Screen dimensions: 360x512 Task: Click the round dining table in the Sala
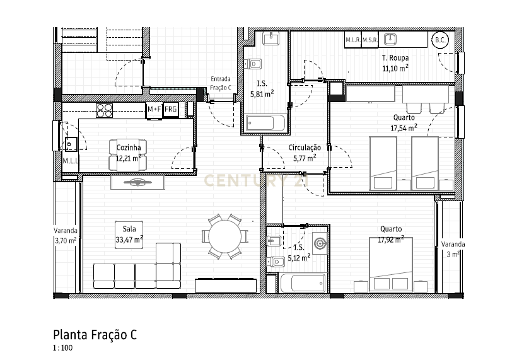pos(224,238)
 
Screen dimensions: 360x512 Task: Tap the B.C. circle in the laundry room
pos(439,40)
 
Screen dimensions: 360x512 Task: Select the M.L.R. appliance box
pos(352,40)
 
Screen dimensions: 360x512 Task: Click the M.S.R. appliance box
pos(369,40)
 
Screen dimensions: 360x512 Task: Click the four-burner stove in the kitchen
pos(104,110)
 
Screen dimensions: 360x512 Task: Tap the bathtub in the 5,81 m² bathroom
pos(264,123)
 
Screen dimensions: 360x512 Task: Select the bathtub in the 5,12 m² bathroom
pos(303,284)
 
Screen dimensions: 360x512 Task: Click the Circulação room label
pos(305,148)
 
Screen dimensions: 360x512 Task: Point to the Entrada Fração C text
pos(221,83)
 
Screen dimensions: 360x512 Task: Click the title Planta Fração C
pos(95,335)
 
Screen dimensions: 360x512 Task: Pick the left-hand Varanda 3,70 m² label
pos(66,235)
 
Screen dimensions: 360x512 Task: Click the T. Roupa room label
pos(395,57)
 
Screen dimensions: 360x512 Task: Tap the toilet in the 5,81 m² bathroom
pos(255,64)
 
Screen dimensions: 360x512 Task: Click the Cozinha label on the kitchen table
pos(129,148)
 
